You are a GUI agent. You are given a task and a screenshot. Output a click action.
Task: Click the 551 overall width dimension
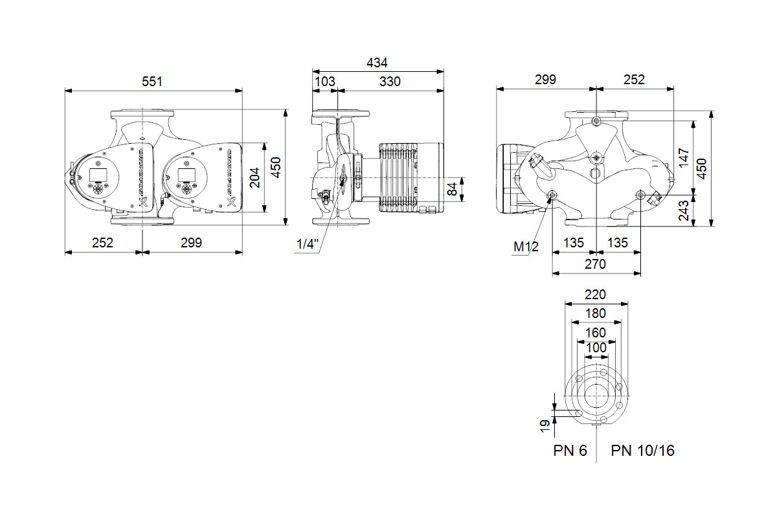(153, 82)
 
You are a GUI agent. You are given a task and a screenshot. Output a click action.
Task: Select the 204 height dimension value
(254, 177)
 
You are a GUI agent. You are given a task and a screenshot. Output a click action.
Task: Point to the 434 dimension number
(377, 63)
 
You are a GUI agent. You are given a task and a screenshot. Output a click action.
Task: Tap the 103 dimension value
(324, 82)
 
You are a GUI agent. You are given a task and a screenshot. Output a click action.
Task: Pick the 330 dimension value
(390, 82)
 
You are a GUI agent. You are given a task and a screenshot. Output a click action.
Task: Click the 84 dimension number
(453, 189)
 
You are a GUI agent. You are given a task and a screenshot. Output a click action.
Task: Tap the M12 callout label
(526, 247)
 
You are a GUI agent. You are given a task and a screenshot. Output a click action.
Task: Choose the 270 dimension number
(595, 264)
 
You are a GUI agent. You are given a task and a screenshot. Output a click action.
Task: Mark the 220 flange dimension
(595, 295)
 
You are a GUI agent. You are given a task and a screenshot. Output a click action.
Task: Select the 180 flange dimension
(595, 313)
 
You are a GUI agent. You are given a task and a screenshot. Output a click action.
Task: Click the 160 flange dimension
(595, 332)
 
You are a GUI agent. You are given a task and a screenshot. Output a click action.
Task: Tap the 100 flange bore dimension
(596, 348)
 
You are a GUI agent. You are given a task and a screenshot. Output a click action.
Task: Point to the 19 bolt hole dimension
(545, 425)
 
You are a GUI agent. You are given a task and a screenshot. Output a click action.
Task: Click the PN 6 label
(570, 451)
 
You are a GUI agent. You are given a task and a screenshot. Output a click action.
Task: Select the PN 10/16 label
(642, 451)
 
